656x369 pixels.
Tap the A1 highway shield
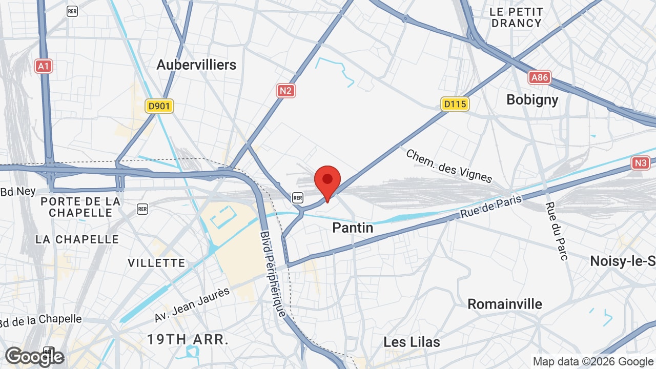click(44, 66)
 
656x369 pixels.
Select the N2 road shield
click(286, 91)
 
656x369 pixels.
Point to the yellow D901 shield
click(159, 106)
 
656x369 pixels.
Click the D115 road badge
click(455, 104)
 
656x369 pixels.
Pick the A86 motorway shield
click(540, 77)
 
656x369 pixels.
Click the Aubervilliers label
click(196, 65)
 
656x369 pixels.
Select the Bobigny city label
click(532, 99)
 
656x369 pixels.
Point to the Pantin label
click(353, 228)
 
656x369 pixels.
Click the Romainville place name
click(505, 304)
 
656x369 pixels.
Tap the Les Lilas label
click(412, 342)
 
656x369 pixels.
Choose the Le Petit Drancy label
click(516, 17)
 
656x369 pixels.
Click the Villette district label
click(156, 263)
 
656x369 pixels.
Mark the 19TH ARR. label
click(188, 339)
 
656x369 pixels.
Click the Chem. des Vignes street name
click(449, 166)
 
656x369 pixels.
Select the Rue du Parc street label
click(557, 231)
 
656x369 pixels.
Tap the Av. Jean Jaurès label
click(192, 305)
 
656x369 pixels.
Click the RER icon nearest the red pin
click(297, 197)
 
